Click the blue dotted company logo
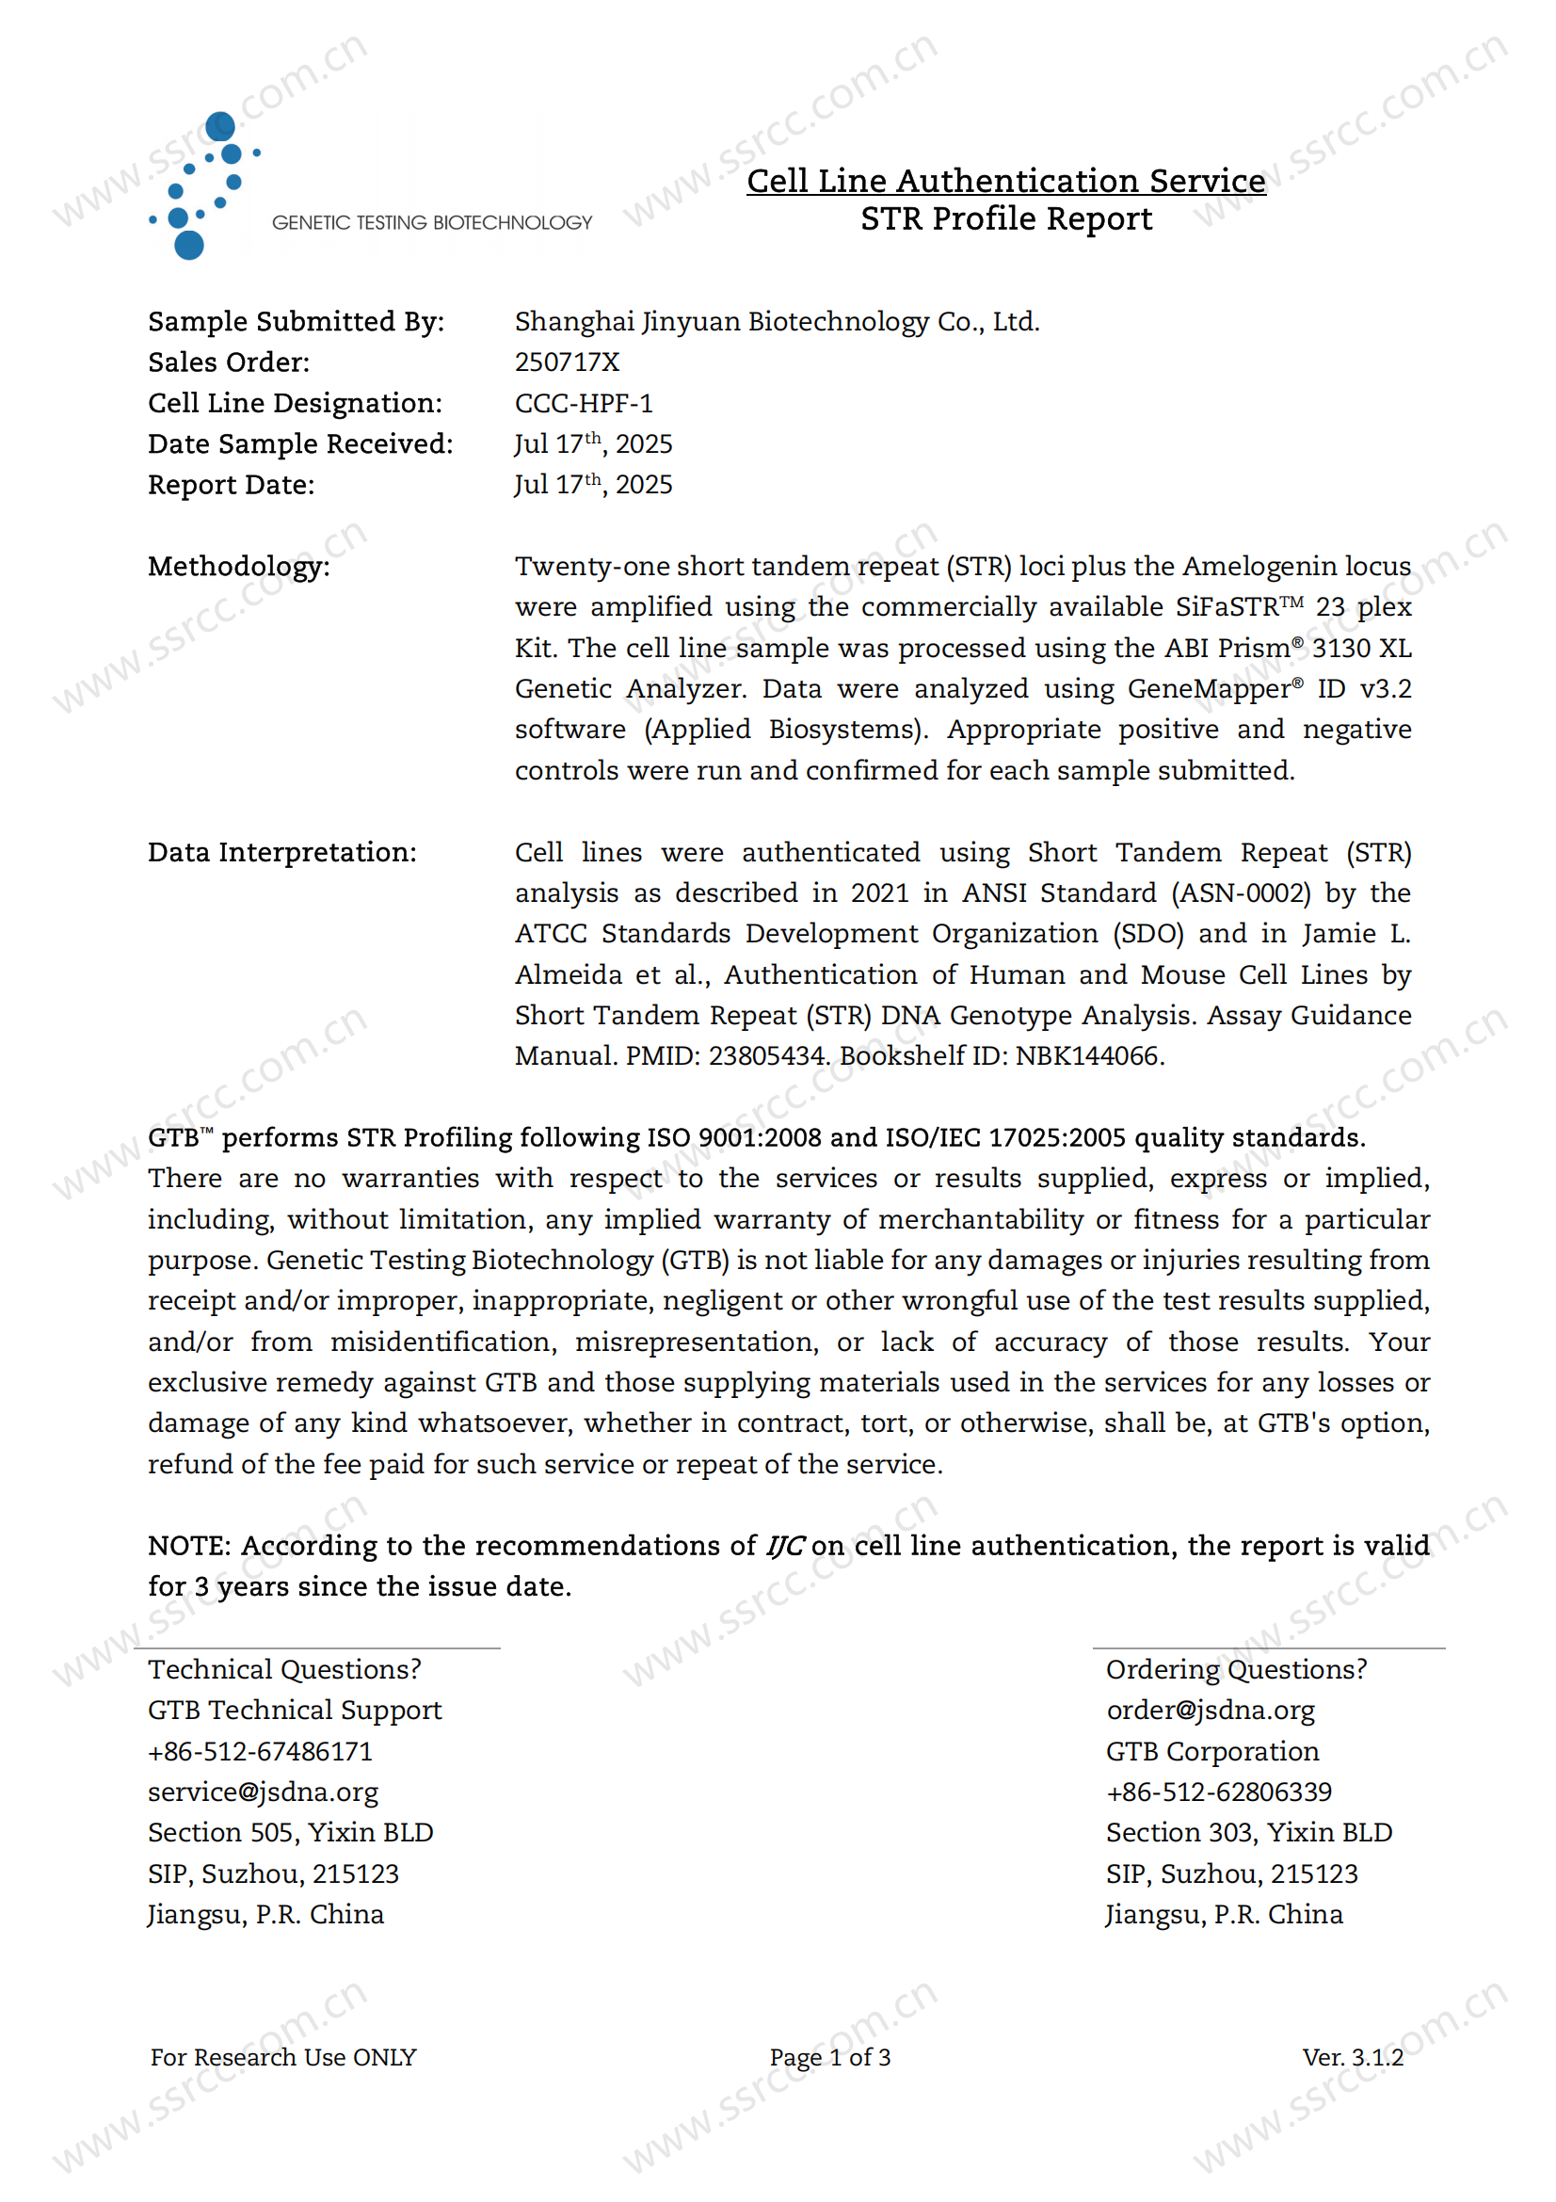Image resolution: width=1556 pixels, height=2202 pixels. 203,186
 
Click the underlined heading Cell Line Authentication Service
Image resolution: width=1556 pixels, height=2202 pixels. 1005,181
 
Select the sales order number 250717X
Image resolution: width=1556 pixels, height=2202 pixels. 567,362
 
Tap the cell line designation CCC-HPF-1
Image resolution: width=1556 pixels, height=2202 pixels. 583,404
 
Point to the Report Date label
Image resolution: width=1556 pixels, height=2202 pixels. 231,485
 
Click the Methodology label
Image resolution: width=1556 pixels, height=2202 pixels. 239,567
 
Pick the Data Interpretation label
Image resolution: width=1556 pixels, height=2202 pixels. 281,853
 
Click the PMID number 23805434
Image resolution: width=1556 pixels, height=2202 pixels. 767,1056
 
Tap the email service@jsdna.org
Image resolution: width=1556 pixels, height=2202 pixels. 263,1792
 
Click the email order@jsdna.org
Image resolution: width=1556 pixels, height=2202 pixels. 1210,1710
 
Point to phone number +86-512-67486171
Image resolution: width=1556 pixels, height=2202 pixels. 260,1751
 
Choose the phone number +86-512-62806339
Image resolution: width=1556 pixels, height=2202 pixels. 1218,1792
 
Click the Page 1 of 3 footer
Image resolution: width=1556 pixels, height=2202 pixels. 829,2057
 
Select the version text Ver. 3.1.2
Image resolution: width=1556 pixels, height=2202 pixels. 1352,2057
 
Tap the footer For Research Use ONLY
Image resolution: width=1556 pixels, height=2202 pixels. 282,2057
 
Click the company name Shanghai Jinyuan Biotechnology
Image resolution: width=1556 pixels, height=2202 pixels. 777,321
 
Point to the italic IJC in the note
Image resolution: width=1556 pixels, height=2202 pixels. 784,1546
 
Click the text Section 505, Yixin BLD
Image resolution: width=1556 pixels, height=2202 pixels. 291,1833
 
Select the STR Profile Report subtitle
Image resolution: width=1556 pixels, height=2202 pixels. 1005,219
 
